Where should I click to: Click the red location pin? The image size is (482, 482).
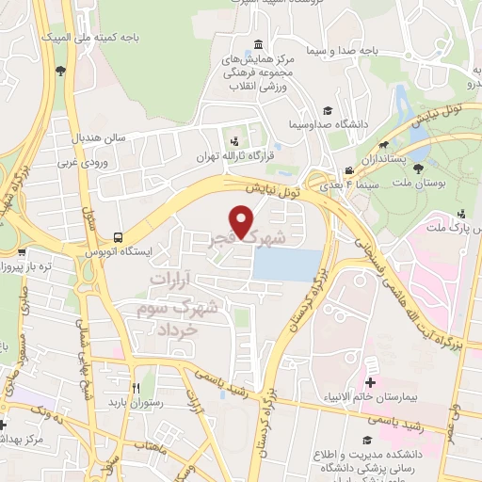pyautogui.click(x=244, y=222)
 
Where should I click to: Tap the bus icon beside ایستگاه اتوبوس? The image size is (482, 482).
pyautogui.click(x=118, y=236)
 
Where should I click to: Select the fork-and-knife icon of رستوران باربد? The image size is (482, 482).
pyautogui.click(x=137, y=387)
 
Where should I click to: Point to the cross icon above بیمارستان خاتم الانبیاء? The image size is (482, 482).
pyautogui.click(x=370, y=382)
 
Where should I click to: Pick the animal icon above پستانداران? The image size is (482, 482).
pyautogui.click(x=385, y=146)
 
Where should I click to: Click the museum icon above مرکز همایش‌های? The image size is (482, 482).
pyautogui.click(x=258, y=44)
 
